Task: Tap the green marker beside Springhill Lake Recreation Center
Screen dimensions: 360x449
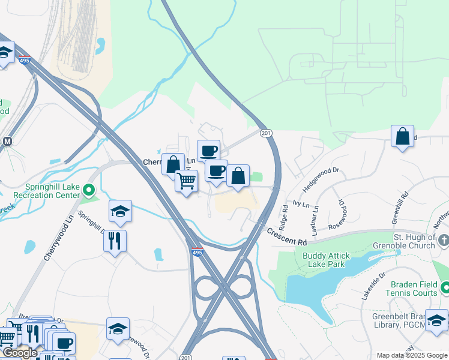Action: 89,191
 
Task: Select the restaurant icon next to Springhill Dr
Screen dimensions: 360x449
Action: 115,241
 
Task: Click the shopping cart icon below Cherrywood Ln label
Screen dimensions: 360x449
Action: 187,179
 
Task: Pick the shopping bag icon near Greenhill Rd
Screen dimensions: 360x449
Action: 402,136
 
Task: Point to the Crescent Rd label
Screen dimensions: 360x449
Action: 287,237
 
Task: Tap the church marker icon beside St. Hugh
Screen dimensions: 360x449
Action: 444,241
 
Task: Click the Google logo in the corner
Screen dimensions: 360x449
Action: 19,353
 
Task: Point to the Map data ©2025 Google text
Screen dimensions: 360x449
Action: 412,355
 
